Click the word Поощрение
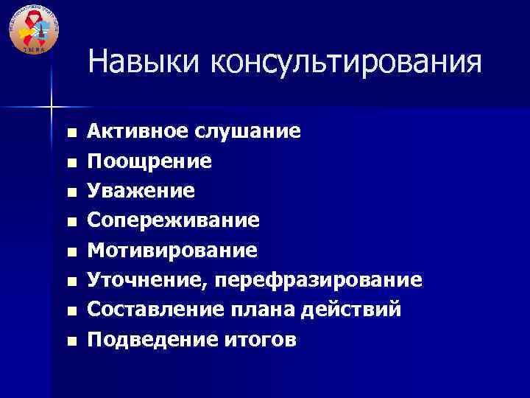150,161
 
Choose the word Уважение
141,191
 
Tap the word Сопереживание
173,221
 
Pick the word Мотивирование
172,251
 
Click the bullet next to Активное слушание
71,133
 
